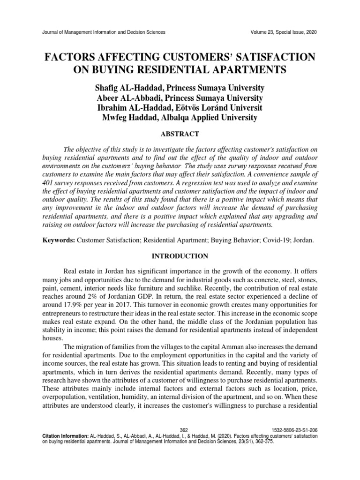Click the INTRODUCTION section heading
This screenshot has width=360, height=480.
point(180,256)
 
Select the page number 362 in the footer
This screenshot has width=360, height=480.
point(184,430)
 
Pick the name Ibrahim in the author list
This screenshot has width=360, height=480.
point(114,107)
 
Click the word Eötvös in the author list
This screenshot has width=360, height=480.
point(198,107)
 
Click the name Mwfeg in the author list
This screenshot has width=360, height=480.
point(115,118)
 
